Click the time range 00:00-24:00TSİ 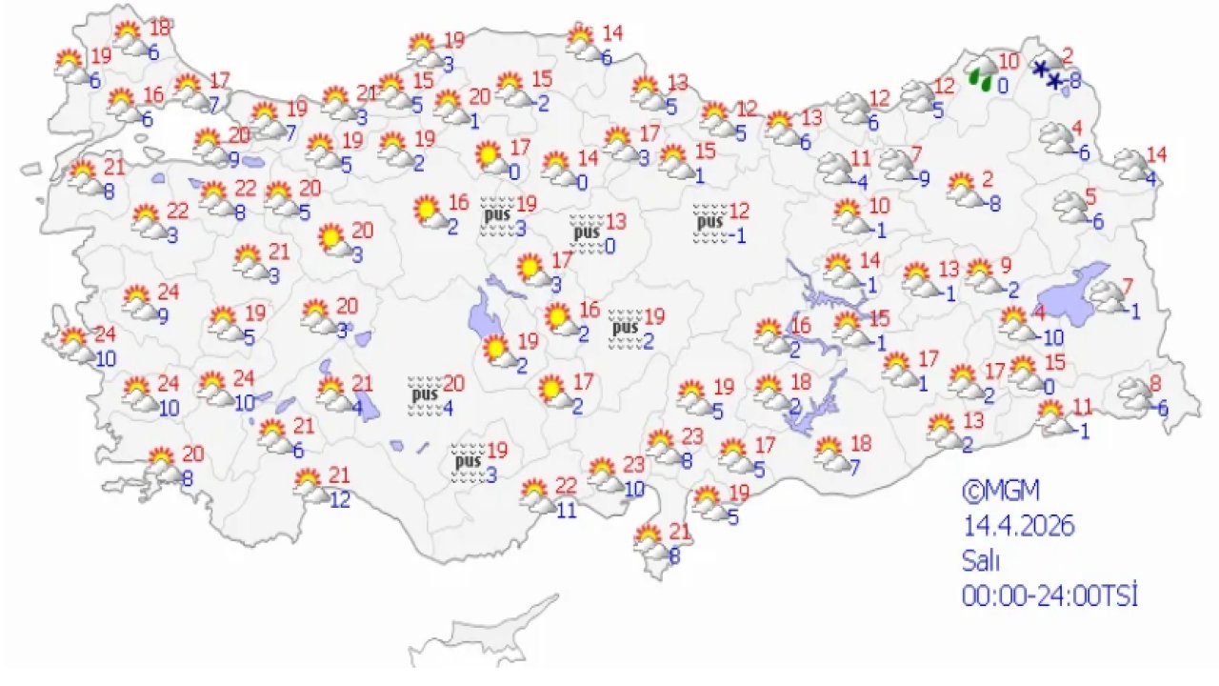tap(1050, 595)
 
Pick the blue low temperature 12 tap(339, 498)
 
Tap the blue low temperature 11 tap(567, 510)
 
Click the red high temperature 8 tap(1156, 385)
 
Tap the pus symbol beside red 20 tap(423, 394)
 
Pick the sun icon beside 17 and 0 tap(490, 157)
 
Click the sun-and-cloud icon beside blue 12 tap(309, 485)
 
